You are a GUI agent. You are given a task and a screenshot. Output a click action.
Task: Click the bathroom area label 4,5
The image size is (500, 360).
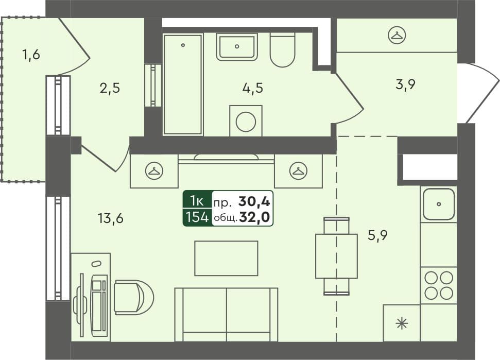tap(253, 88)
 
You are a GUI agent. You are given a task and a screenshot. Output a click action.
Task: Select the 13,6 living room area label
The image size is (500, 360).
tap(111, 218)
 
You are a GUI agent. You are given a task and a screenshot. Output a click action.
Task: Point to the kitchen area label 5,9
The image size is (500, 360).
tap(377, 235)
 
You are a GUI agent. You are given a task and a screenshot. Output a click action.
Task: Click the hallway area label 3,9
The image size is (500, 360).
tap(405, 85)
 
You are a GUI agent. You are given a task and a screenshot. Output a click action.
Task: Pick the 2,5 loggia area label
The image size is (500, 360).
tap(110, 88)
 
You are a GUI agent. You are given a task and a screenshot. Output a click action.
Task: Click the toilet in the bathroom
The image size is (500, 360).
tap(282, 50)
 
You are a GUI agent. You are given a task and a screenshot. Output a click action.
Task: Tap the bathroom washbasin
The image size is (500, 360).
tap(236, 46)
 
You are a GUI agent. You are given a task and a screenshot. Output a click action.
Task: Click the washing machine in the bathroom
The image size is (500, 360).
tap(246, 122)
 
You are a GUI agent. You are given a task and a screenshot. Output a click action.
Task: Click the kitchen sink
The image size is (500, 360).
tap(438, 204)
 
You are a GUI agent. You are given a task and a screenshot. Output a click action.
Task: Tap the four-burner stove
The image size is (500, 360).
tap(438, 285)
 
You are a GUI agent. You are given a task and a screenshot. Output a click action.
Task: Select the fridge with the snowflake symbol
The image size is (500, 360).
tap(401, 323)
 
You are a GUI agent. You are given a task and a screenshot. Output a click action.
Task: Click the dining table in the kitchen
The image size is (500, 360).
tap(336, 256)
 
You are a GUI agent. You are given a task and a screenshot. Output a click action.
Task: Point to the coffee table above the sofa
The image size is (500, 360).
tap(226, 258)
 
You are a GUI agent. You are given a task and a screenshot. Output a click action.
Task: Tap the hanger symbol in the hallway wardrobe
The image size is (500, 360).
tap(397, 35)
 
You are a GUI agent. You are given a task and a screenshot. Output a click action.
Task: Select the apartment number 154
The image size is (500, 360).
tap(196, 217)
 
